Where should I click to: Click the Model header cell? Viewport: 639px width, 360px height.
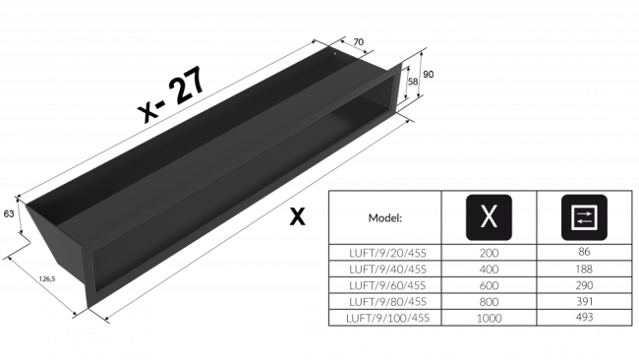384,217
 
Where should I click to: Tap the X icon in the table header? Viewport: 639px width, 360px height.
488,217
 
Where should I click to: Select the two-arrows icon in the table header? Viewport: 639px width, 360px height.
584,217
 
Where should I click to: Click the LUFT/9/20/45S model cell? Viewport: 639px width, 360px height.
384,253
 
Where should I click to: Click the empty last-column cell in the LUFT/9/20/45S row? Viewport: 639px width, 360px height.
584,253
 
